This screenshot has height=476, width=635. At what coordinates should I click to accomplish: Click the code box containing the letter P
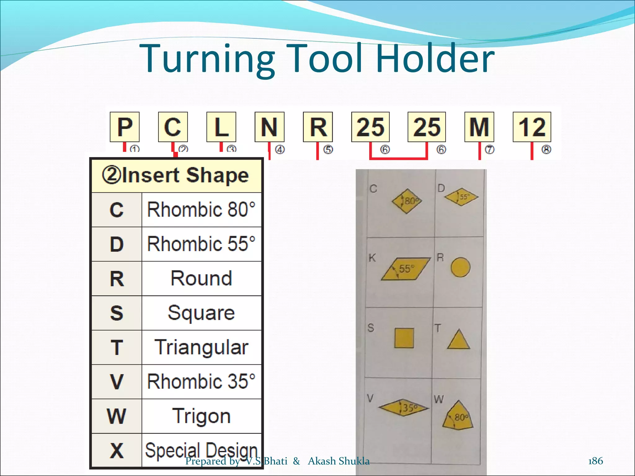click(125, 127)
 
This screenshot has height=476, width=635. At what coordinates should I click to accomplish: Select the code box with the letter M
click(479, 127)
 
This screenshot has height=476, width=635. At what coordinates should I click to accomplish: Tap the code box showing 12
click(532, 127)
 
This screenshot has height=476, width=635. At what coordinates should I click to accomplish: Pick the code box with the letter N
click(269, 127)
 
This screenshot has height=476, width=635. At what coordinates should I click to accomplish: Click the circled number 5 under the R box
click(328, 150)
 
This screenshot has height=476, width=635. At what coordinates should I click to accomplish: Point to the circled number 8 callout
click(546, 150)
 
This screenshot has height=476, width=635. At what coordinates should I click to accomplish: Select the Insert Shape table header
click(176, 175)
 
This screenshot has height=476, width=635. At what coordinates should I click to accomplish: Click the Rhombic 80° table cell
click(201, 209)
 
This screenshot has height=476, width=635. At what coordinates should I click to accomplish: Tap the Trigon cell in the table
click(201, 416)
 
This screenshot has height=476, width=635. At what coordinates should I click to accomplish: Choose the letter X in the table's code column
click(117, 450)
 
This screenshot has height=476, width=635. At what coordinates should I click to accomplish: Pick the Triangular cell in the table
click(201, 347)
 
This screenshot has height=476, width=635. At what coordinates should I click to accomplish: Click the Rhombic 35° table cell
click(201, 381)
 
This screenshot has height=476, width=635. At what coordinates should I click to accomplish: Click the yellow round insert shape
click(460, 267)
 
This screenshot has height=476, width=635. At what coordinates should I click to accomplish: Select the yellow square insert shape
click(404, 338)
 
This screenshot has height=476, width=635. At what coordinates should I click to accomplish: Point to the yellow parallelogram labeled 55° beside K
click(406, 269)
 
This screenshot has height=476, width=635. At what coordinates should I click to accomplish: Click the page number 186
click(595, 461)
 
